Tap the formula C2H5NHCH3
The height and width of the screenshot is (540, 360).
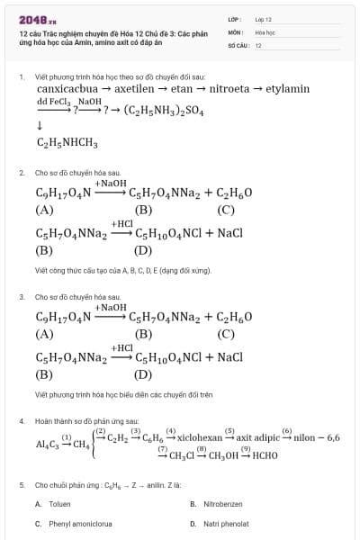click(67, 142)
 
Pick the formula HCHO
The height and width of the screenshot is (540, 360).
click(260, 454)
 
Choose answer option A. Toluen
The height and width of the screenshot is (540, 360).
click(54, 504)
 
